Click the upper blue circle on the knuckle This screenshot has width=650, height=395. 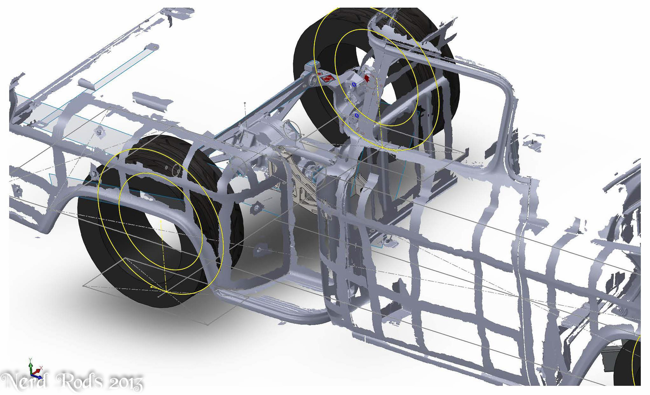[354, 84]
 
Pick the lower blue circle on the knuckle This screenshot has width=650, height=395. [356, 116]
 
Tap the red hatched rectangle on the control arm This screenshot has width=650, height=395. [327, 79]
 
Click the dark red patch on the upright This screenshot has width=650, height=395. [367, 78]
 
